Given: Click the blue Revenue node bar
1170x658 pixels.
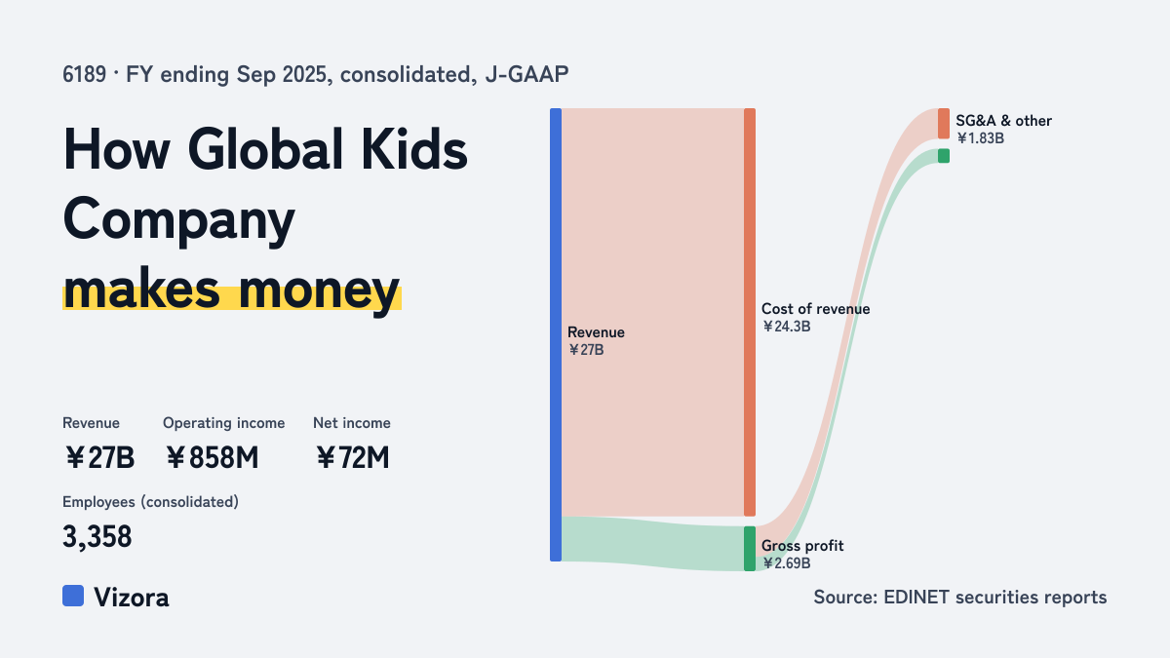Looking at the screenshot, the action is click(x=556, y=334).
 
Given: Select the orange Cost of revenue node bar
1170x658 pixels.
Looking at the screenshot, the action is click(x=750, y=312).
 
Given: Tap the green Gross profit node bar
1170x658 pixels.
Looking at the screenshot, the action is click(x=750, y=548).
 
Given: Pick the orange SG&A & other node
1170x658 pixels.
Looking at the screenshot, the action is click(x=944, y=124).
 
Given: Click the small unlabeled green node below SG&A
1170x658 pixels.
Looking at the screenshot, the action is click(x=944, y=156).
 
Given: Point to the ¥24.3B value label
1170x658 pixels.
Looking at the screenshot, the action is click(x=786, y=327).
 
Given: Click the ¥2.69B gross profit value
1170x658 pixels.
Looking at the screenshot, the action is click(x=786, y=563).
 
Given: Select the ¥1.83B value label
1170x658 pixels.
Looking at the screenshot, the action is click(x=980, y=138).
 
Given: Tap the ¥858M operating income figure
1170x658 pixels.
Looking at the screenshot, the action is click(x=213, y=457).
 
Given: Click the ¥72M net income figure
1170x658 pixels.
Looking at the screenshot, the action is click(x=353, y=457).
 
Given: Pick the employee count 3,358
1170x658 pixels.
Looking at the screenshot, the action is click(x=97, y=537).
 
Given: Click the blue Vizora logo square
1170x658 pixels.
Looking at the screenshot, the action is click(x=73, y=596).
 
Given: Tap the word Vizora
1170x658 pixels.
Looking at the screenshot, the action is click(x=132, y=598).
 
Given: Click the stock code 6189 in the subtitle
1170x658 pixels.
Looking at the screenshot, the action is click(x=85, y=75).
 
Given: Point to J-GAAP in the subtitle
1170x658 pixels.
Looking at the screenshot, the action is click(x=527, y=75).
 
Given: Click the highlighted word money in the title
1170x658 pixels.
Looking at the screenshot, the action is click(x=319, y=290).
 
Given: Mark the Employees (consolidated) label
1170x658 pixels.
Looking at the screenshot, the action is click(x=150, y=502).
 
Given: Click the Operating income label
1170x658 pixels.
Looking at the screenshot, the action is click(x=224, y=423).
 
